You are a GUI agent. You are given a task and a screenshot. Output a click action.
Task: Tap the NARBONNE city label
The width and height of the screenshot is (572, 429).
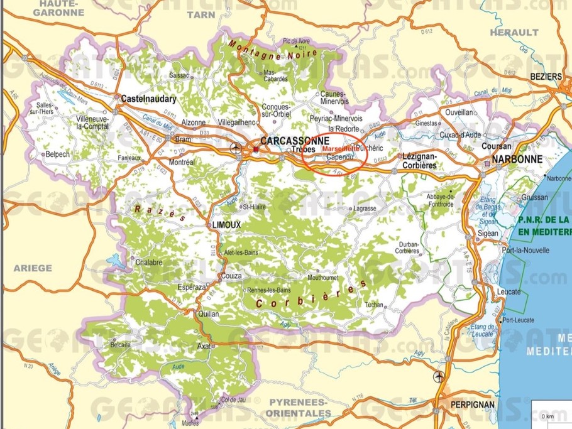[x=517, y=160]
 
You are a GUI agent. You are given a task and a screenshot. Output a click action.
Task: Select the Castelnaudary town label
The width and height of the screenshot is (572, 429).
[x=148, y=99]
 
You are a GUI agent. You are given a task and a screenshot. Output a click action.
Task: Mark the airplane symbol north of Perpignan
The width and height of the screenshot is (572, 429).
[x=439, y=376]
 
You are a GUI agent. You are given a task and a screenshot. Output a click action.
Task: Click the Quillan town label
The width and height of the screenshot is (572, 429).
[x=208, y=314]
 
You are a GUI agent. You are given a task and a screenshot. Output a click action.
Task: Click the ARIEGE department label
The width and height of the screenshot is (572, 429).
[x=33, y=268]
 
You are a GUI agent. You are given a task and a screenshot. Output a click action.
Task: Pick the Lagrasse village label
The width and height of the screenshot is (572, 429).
[x=365, y=208]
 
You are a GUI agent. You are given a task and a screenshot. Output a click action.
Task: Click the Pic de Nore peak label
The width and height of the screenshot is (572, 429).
[x=297, y=41]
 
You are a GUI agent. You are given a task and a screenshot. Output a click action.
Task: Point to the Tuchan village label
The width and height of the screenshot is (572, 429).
[x=373, y=305]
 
